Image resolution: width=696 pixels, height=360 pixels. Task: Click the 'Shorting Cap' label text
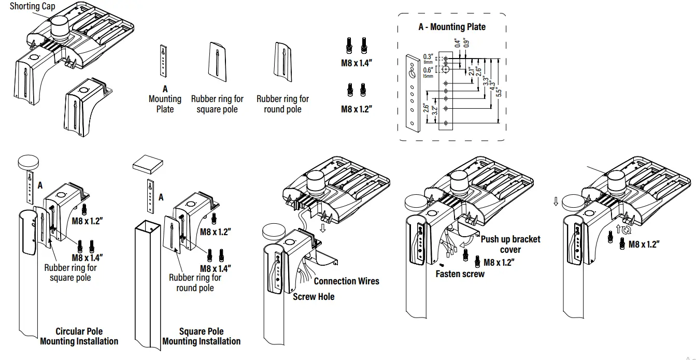[x=32, y=6]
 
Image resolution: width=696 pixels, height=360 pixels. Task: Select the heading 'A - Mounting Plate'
[x=452, y=26]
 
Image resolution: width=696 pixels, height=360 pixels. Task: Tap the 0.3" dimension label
[x=428, y=56]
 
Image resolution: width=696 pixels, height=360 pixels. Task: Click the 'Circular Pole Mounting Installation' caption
[x=79, y=336]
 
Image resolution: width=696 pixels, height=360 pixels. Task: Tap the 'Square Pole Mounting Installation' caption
[x=202, y=336]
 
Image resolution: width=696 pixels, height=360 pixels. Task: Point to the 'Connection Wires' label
[x=346, y=281]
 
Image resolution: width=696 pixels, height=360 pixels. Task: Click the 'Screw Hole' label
[x=314, y=297]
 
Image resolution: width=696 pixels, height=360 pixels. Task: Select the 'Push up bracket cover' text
[x=510, y=244]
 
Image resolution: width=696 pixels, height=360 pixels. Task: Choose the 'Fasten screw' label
[x=460, y=273]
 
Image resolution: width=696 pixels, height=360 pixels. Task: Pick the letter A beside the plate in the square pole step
[x=161, y=197]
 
